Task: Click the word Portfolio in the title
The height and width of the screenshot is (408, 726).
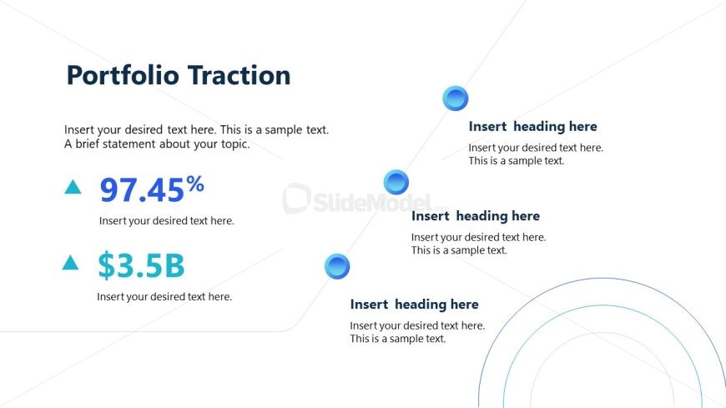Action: (x=123, y=76)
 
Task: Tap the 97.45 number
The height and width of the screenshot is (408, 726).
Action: (x=141, y=191)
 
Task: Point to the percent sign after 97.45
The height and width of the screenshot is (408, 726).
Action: (x=195, y=184)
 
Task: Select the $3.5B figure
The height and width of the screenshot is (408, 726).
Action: (x=140, y=265)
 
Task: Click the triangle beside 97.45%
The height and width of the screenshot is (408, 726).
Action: (x=73, y=188)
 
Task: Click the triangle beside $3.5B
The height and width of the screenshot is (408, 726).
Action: (x=71, y=264)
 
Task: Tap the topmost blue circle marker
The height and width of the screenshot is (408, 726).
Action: (x=456, y=98)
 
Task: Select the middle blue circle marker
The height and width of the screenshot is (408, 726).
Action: (x=396, y=182)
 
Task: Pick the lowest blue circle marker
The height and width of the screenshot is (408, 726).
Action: (x=336, y=267)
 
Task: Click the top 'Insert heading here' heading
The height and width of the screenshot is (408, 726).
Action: (x=532, y=127)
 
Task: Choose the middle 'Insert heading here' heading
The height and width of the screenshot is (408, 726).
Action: (x=476, y=216)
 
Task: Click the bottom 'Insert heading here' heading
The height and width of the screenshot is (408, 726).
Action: (x=414, y=305)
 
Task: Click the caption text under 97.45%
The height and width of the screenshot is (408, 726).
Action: (x=166, y=221)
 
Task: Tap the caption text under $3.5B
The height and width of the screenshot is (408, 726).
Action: (x=164, y=296)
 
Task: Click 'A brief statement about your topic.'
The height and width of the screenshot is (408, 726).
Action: (x=157, y=144)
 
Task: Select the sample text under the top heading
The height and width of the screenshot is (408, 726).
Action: (x=536, y=154)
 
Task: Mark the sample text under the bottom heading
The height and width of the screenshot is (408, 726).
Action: (x=417, y=332)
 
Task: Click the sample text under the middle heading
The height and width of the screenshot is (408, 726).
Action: (x=478, y=244)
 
